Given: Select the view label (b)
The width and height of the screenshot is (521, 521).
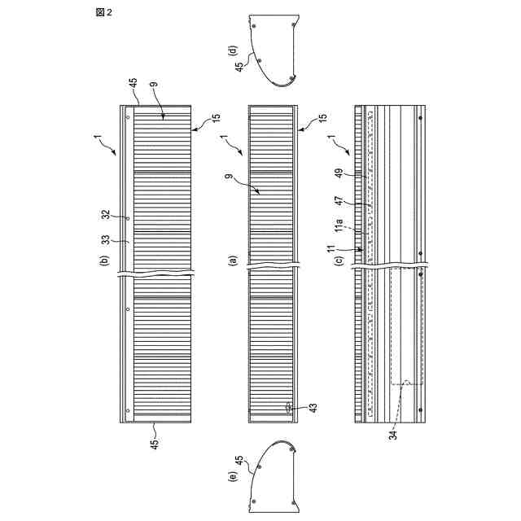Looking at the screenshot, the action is click(x=104, y=261).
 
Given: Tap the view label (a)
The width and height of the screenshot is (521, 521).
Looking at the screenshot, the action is click(x=233, y=261).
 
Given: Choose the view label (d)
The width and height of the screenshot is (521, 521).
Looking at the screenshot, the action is click(x=233, y=50).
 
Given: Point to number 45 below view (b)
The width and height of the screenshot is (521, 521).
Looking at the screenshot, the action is click(x=155, y=444).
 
